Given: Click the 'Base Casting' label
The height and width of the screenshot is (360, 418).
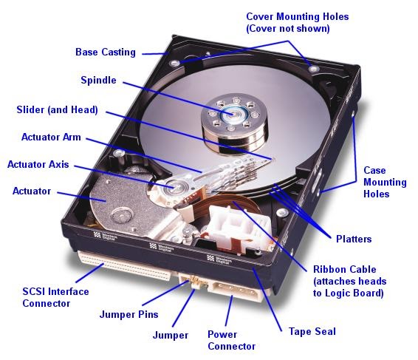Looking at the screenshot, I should tap(106, 52).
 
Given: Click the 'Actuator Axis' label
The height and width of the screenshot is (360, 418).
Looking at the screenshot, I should tap(38, 164).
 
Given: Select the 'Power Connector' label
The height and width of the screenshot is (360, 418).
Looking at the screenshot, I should tap(231, 340).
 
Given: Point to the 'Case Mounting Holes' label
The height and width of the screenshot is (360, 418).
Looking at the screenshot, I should tap(384, 183).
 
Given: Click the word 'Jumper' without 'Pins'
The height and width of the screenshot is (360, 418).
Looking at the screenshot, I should tap(171, 335).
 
